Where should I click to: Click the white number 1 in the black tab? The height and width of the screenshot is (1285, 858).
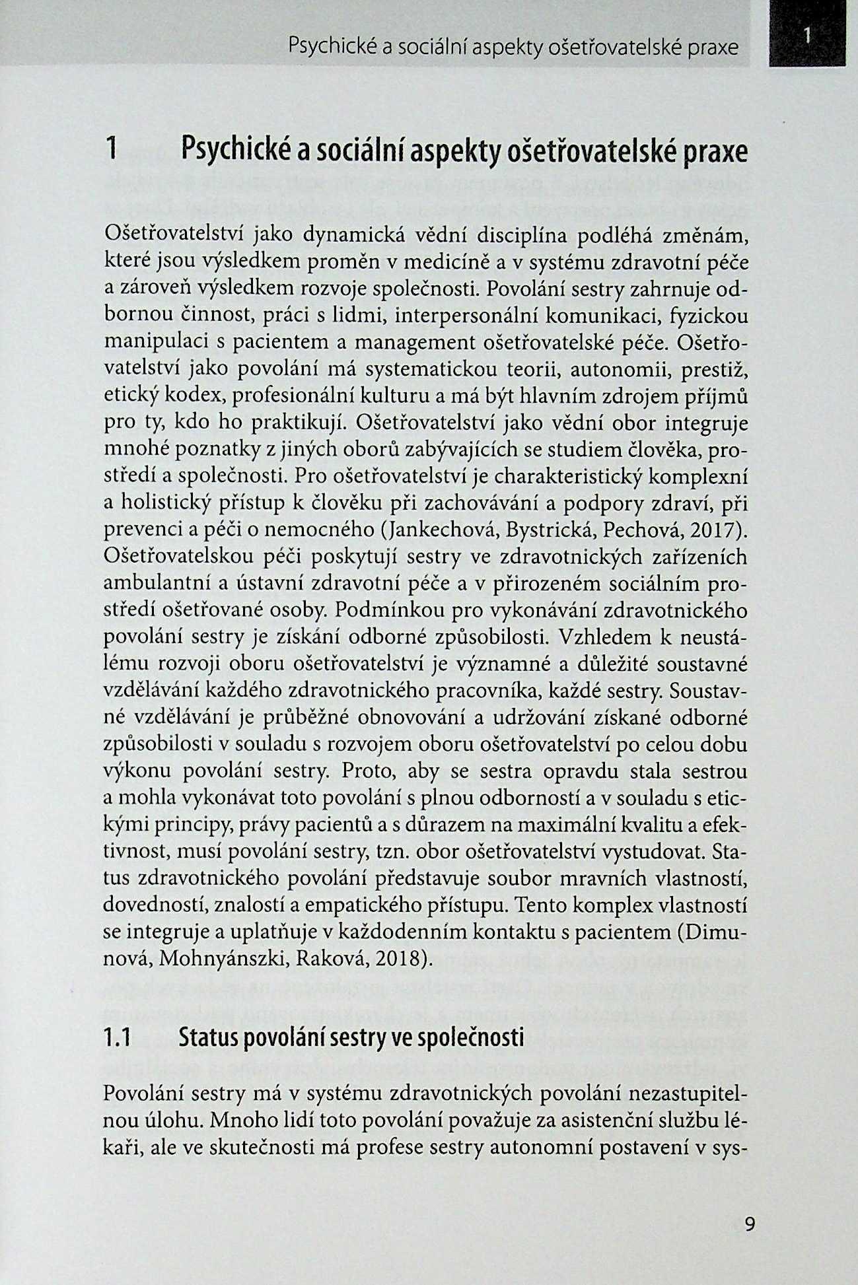pyautogui.click(x=807, y=35)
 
